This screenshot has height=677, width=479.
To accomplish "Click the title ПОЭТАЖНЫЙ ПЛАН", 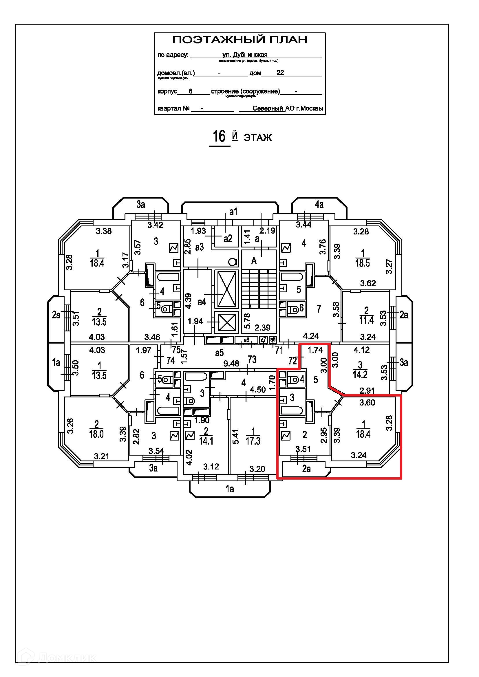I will [239, 40].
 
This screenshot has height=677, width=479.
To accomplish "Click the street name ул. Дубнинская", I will [245, 54].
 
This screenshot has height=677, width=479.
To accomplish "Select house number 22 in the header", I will [280, 73].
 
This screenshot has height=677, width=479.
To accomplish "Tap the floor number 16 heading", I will [219, 137].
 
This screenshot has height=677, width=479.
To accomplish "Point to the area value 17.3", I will [253, 441].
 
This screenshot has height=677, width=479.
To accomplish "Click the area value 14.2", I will [360, 375].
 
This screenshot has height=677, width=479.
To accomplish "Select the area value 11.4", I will [366, 320].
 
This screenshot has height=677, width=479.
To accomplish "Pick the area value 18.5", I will [362, 263].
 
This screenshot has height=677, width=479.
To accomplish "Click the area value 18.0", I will [96, 434].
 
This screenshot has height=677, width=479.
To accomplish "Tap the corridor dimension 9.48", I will [231, 364].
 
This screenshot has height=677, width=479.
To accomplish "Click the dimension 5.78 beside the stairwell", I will [247, 320].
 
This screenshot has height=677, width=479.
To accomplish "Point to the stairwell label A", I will [254, 261].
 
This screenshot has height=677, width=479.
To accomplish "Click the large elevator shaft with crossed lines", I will [226, 289].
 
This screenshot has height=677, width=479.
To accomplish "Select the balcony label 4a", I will [319, 204].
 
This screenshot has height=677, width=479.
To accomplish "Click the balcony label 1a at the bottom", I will [229, 489].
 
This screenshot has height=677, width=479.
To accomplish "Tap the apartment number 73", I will [252, 359].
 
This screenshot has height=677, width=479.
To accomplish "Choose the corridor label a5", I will [219, 353].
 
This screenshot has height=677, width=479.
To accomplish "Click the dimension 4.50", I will [257, 390].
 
